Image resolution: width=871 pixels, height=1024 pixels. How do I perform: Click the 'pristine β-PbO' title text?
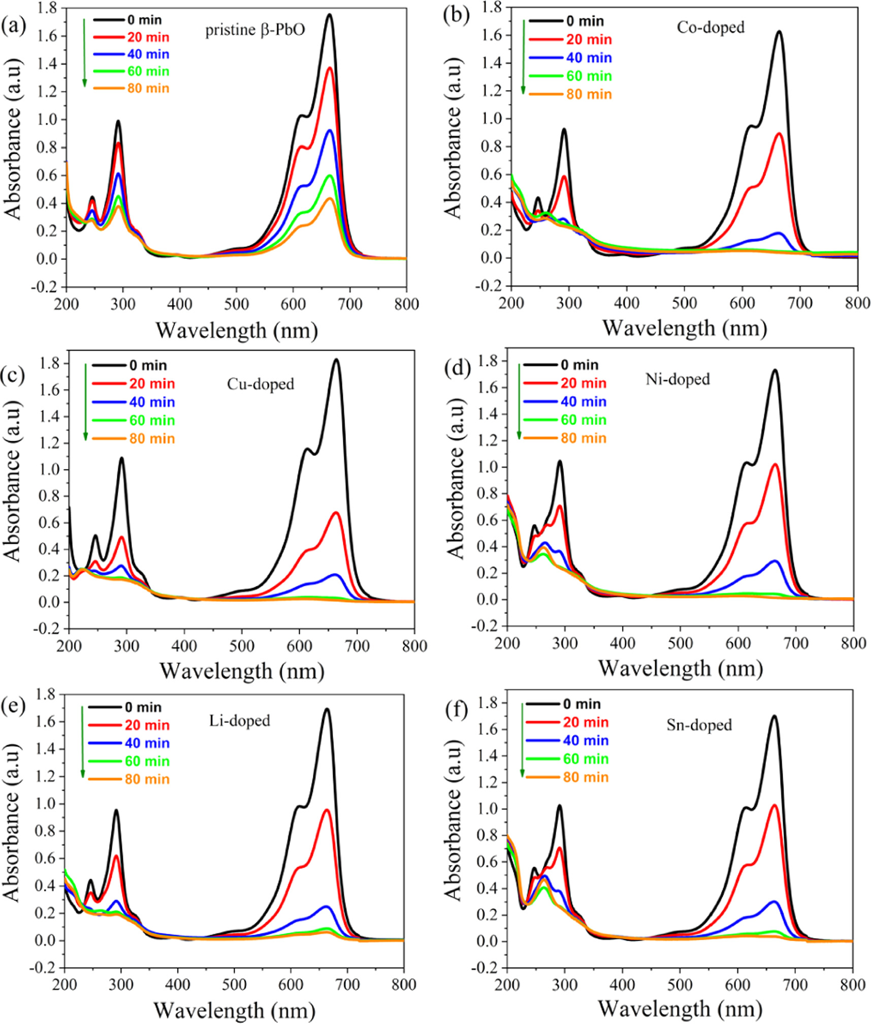255,30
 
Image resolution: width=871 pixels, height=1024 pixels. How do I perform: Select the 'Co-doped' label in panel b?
710,27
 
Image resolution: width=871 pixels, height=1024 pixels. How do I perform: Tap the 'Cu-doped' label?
261,384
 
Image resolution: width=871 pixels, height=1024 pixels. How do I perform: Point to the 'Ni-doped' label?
678,379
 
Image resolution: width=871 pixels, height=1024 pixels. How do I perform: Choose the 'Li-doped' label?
240,721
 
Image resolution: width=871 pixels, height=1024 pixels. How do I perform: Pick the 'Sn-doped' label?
699,725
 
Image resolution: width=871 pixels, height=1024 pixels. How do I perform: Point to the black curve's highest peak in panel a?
330,15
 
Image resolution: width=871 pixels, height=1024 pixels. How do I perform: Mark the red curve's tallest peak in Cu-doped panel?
336,513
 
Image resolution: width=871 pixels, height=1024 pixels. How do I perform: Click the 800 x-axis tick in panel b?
857,303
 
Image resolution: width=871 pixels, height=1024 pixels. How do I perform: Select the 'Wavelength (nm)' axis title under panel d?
681,669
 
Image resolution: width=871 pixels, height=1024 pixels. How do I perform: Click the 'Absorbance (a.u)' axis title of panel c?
12,480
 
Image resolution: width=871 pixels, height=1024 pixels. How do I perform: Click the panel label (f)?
456,710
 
